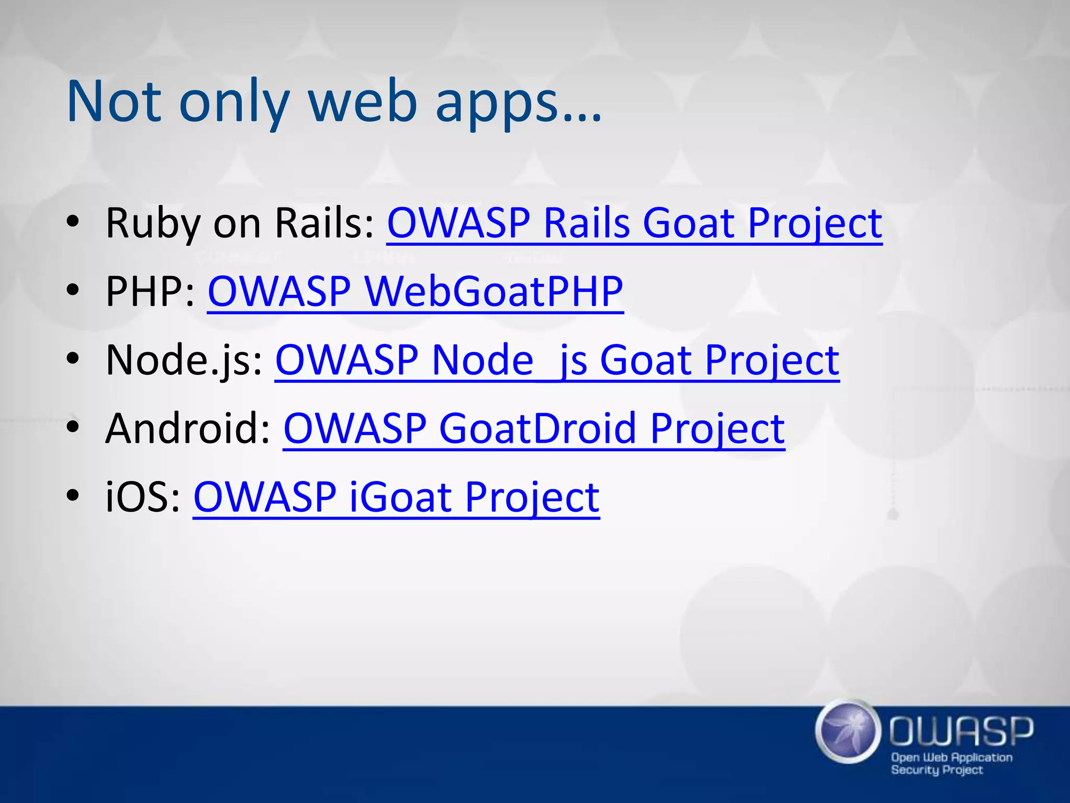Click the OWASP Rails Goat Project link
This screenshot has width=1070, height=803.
634,224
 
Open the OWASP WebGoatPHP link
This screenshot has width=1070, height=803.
415,292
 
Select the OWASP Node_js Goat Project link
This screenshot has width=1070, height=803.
557,361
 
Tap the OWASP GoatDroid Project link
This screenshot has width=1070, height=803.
533,429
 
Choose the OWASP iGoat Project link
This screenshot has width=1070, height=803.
396,497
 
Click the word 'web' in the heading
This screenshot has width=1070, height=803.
363,101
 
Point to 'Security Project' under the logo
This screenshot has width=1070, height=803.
937,770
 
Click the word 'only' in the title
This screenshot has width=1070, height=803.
234,101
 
